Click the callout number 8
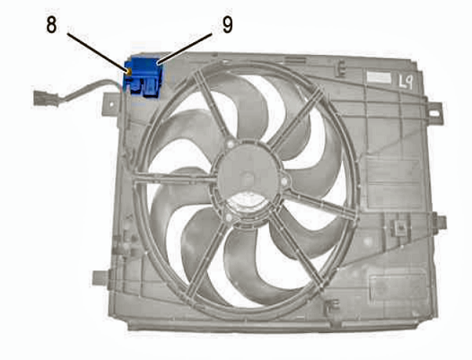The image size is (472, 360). coord(51,25)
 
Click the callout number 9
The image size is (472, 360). coord(228,25)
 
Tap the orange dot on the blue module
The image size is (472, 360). coord(129,72)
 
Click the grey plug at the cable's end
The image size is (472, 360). coord(46,98)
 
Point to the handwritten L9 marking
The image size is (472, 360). coord(406,81)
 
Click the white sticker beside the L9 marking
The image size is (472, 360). coord(380,78)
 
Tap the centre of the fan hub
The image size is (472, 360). coord(248,177)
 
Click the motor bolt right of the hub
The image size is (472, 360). coord(284,181)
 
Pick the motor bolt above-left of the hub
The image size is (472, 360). coord(231,144)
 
